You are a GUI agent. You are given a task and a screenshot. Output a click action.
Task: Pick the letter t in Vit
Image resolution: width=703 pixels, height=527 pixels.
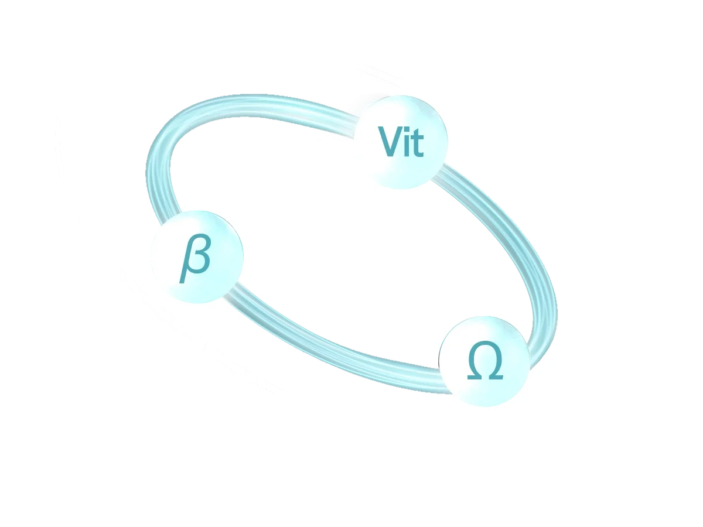pos(417,143)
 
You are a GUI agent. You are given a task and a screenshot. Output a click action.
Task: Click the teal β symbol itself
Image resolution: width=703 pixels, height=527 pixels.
pos(196,258)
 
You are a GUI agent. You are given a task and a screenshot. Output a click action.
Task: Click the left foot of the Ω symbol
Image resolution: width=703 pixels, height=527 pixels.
pos(473,377)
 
